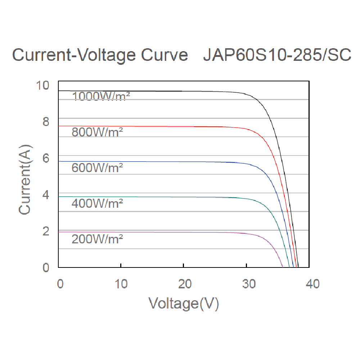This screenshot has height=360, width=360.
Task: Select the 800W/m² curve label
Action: pyautogui.click(x=97, y=132)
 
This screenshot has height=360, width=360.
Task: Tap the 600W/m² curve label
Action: pyautogui.click(x=97, y=167)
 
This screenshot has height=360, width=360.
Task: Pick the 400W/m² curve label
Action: pyautogui.click(x=97, y=203)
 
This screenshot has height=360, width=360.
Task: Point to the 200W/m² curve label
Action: pyautogui.click(x=97, y=239)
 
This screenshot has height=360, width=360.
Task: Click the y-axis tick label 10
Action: pyautogui.click(x=42, y=86)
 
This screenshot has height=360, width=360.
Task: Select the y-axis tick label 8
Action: pyautogui.click(x=46, y=122)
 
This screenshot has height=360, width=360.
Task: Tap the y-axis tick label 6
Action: pyautogui.click(x=46, y=158)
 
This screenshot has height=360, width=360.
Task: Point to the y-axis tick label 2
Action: pyautogui.click(x=46, y=231)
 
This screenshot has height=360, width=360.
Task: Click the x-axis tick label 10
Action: pyautogui.click(x=122, y=284)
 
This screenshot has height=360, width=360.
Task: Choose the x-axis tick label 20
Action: pyautogui.click(x=184, y=284)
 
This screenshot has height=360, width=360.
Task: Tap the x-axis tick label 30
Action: pyautogui.click(x=247, y=284)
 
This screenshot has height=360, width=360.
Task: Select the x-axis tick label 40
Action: pyautogui.click(x=311, y=284)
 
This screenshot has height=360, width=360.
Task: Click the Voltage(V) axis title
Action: pyautogui.click(x=184, y=303)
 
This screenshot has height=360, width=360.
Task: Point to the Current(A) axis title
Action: pyautogui.click(x=25, y=179)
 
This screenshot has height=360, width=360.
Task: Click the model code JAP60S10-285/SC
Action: pyautogui.click(x=277, y=56)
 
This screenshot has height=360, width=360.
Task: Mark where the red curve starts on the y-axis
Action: pyautogui.click(x=59, y=126)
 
